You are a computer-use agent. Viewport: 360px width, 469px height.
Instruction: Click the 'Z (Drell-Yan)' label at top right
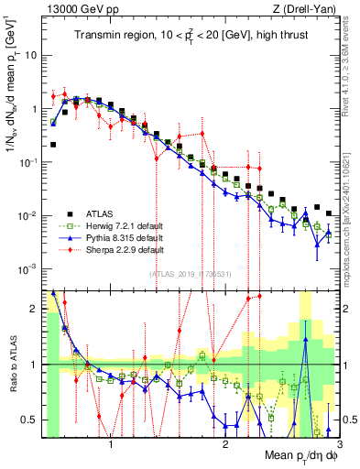click(x=302, y=8)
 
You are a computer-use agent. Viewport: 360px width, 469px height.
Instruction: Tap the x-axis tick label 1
click(x=111, y=445)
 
